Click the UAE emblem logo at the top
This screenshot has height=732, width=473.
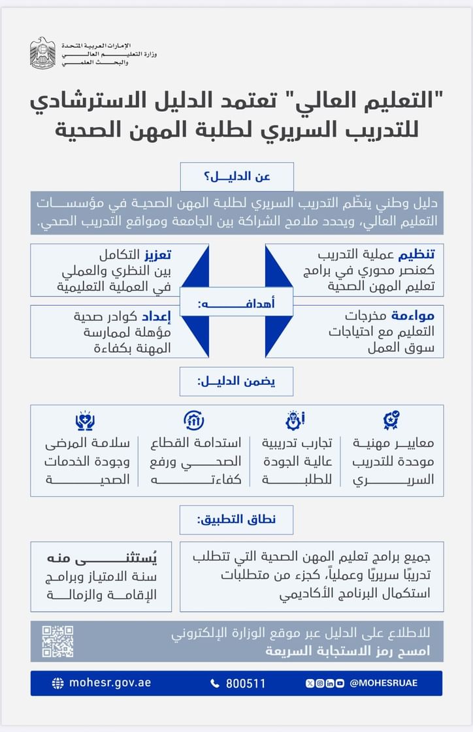tap(42, 53)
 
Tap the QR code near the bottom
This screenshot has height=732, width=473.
tap(57, 641)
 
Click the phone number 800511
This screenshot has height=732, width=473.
tap(246, 684)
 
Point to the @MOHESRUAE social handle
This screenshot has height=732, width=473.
tap(383, 683)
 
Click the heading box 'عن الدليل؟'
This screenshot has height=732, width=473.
tap(236, 176)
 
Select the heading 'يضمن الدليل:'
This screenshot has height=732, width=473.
tap(236, 382)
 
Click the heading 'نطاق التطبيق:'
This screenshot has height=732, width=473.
tap(236, 520)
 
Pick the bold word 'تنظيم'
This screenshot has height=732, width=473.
tap(421, 254)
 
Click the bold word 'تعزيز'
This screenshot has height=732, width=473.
tap(157, 254)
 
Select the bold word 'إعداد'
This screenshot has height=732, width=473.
tap(159, 316)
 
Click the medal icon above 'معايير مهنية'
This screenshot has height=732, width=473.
tap(392, 419)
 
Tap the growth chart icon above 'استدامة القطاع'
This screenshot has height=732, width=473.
tap(193, 419)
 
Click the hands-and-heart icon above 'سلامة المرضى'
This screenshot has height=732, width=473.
tap(85, 419)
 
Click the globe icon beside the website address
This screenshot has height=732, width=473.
tap(58, 684)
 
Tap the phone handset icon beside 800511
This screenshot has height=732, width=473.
tap(215, 684)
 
